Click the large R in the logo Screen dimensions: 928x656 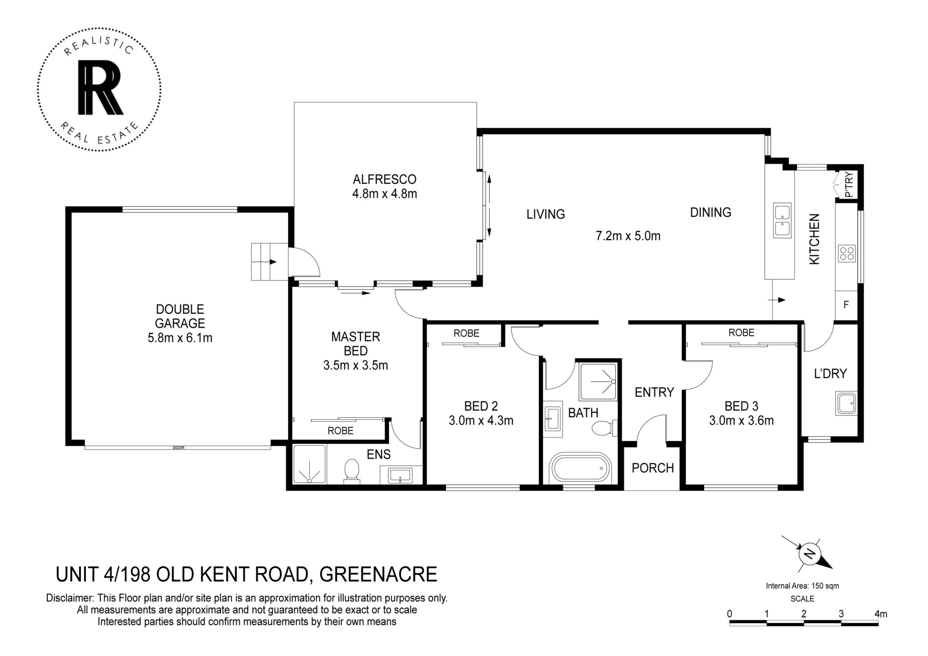(101, 88)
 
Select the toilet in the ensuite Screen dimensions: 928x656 (351, 471)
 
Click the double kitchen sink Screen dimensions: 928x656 (782, 220)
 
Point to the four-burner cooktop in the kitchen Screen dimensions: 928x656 (847, 253)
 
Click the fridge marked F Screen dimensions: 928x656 (846, 305)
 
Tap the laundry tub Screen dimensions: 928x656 (846, 403)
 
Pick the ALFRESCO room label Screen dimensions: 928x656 (385, 179)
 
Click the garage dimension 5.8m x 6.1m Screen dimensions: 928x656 (180, 338)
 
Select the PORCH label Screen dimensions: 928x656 (652, 468)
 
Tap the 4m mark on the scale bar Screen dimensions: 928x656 (881, 614)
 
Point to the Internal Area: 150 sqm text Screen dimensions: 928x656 (802, 586)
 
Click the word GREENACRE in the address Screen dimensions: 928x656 (378, 574)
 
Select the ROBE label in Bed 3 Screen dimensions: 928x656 (741, 333)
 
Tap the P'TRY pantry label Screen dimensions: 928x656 (849, 185)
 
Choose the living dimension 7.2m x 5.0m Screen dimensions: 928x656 (628, 236)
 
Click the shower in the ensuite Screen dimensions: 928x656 (309, 464)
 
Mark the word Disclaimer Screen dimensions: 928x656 (70, 598)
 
